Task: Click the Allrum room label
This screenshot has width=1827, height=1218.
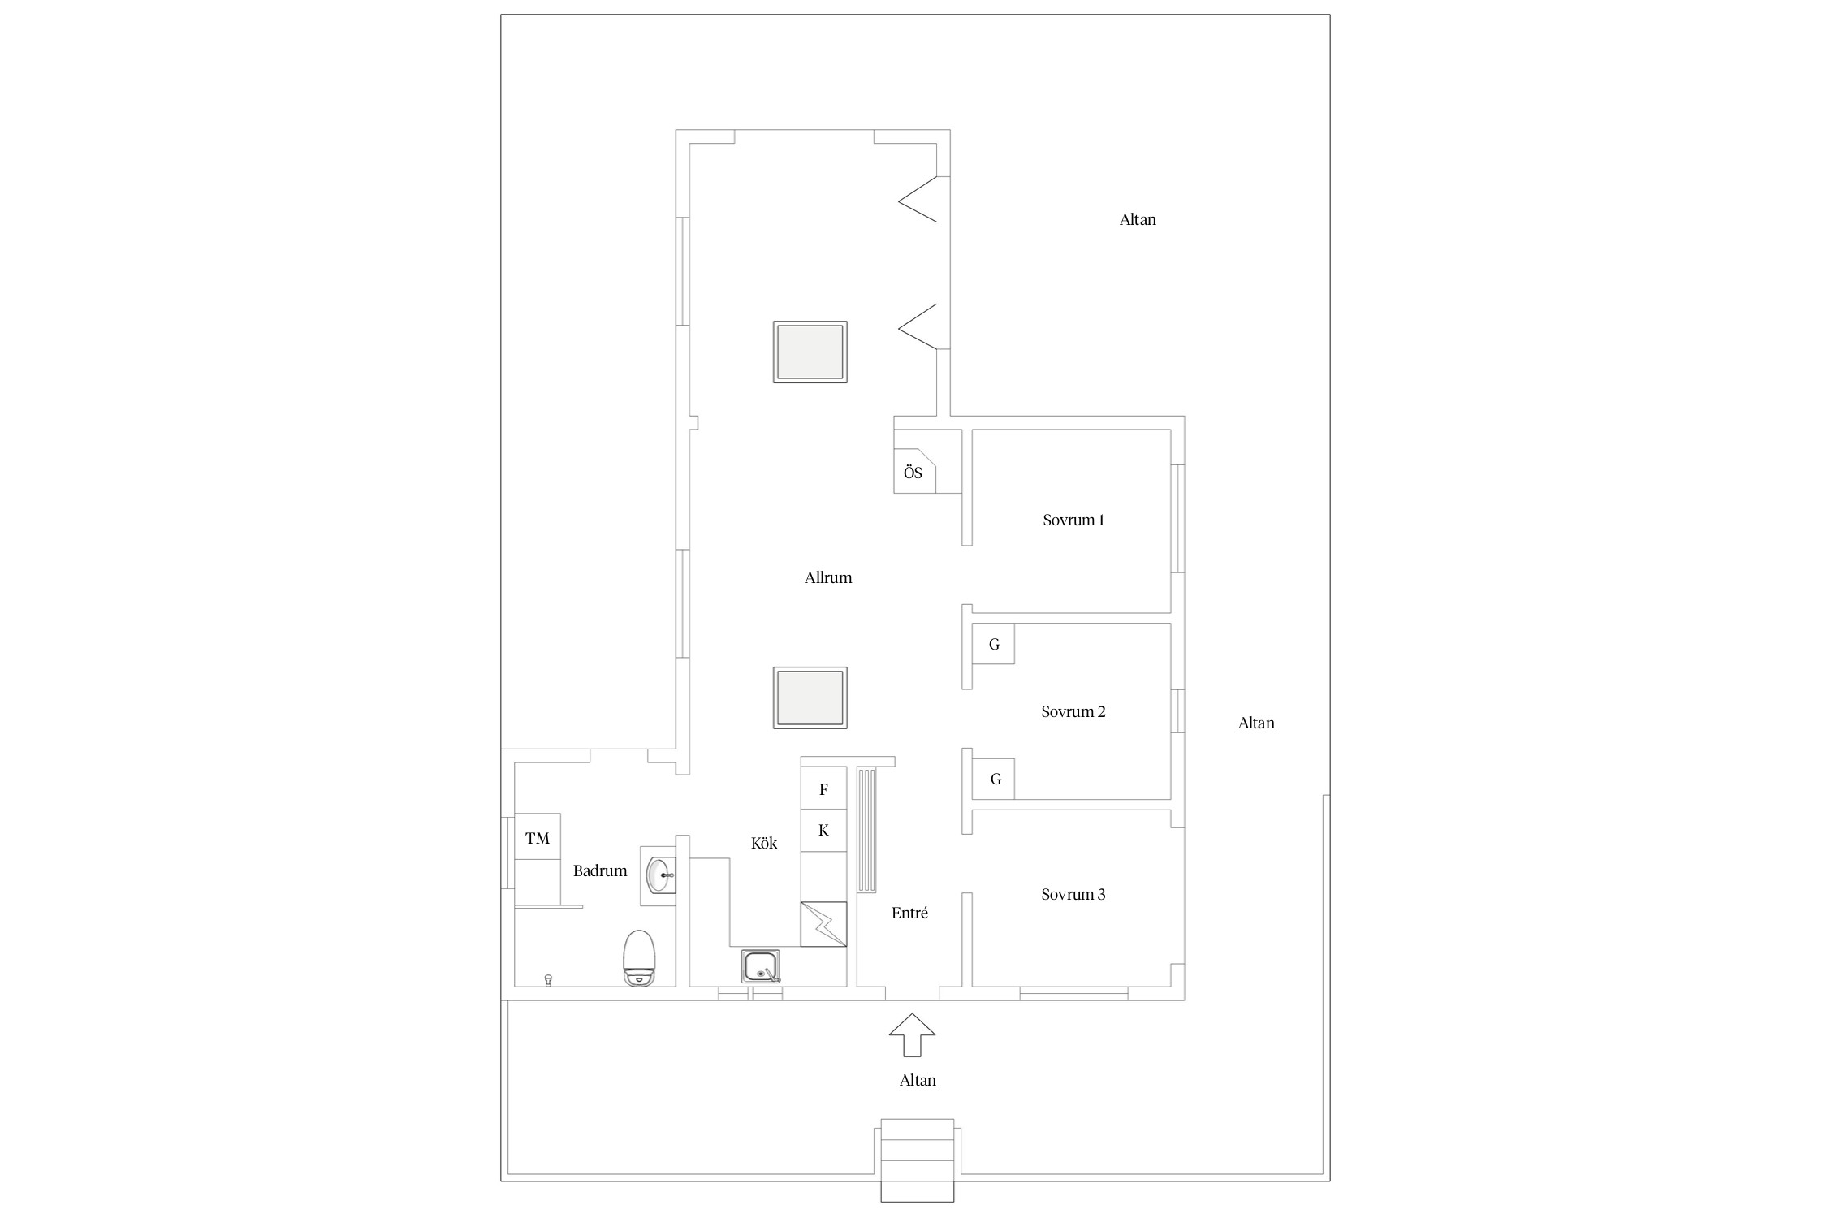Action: click(x=828, y=577)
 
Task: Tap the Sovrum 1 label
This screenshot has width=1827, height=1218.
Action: click(x=1073, y=520)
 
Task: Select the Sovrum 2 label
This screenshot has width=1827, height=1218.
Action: click(x=1073, y=711)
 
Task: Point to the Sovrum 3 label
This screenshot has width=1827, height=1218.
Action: click(x=1073, y=894)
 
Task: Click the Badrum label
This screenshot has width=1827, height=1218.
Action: click(x=600, y=870)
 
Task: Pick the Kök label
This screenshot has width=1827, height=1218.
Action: click(x=764, y=843)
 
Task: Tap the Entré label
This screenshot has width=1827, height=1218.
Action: click(x=909, y=913)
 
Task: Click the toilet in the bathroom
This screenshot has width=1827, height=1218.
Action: click(x=639, y=958)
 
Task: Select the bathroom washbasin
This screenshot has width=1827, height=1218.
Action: click(x=659, y=875)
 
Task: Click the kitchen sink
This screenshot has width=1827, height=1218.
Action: click(x=761, y=967)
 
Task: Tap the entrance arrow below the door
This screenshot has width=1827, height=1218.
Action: click(x=912, y=1034)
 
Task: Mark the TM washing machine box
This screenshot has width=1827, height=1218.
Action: click(x=538, y=836)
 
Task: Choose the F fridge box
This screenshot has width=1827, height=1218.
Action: click(x=823, y=788)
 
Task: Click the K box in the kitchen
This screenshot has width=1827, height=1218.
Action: click(x=823, y=830)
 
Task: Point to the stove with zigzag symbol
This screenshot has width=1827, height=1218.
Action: click(x=823, y=924)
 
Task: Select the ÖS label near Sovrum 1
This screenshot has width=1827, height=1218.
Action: click(x=914, y=473)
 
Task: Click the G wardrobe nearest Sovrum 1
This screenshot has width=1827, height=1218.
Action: click(x=994, y=644)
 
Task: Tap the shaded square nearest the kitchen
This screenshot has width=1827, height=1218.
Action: click(x=810, y=698)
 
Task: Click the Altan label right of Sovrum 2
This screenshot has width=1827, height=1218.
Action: click(x=1256, y=723)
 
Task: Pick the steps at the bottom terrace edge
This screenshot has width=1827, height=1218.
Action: click(x=918, y=1160)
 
